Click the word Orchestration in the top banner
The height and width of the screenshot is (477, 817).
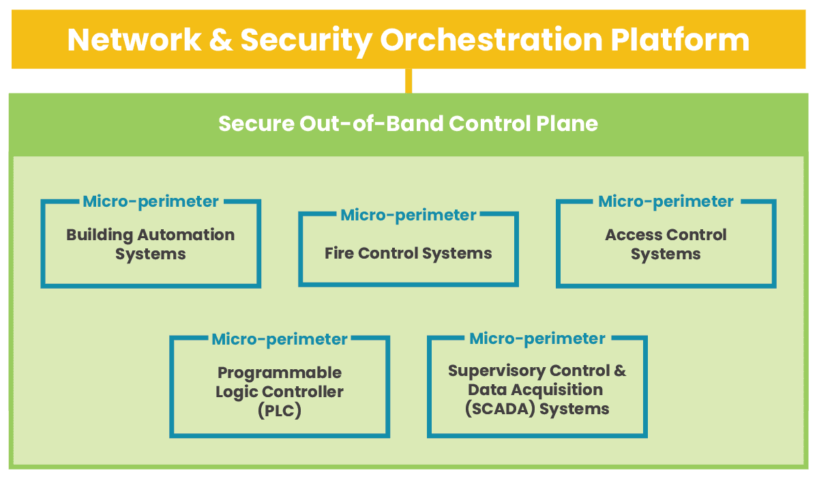pos(490,40)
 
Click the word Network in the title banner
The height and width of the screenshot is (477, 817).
pos(134,40)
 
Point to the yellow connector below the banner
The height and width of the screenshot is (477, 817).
pos(409,81)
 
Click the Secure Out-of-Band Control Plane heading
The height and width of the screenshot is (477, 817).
pos(408,124)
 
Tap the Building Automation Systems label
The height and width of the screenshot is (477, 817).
pos(150,244)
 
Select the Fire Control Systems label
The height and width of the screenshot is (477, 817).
pos(408,254)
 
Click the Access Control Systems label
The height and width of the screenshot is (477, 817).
pos(666,244)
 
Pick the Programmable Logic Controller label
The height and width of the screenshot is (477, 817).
pos(280,383)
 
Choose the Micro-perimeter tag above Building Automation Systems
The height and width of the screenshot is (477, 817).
pos(150,201)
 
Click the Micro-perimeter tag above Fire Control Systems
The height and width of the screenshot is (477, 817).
pos(408,215)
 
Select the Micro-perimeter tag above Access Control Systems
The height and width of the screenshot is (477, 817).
pos(666,201)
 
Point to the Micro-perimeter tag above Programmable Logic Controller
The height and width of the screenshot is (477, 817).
pos(280,338)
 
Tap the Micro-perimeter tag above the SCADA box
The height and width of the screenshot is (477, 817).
pos(537,338)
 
